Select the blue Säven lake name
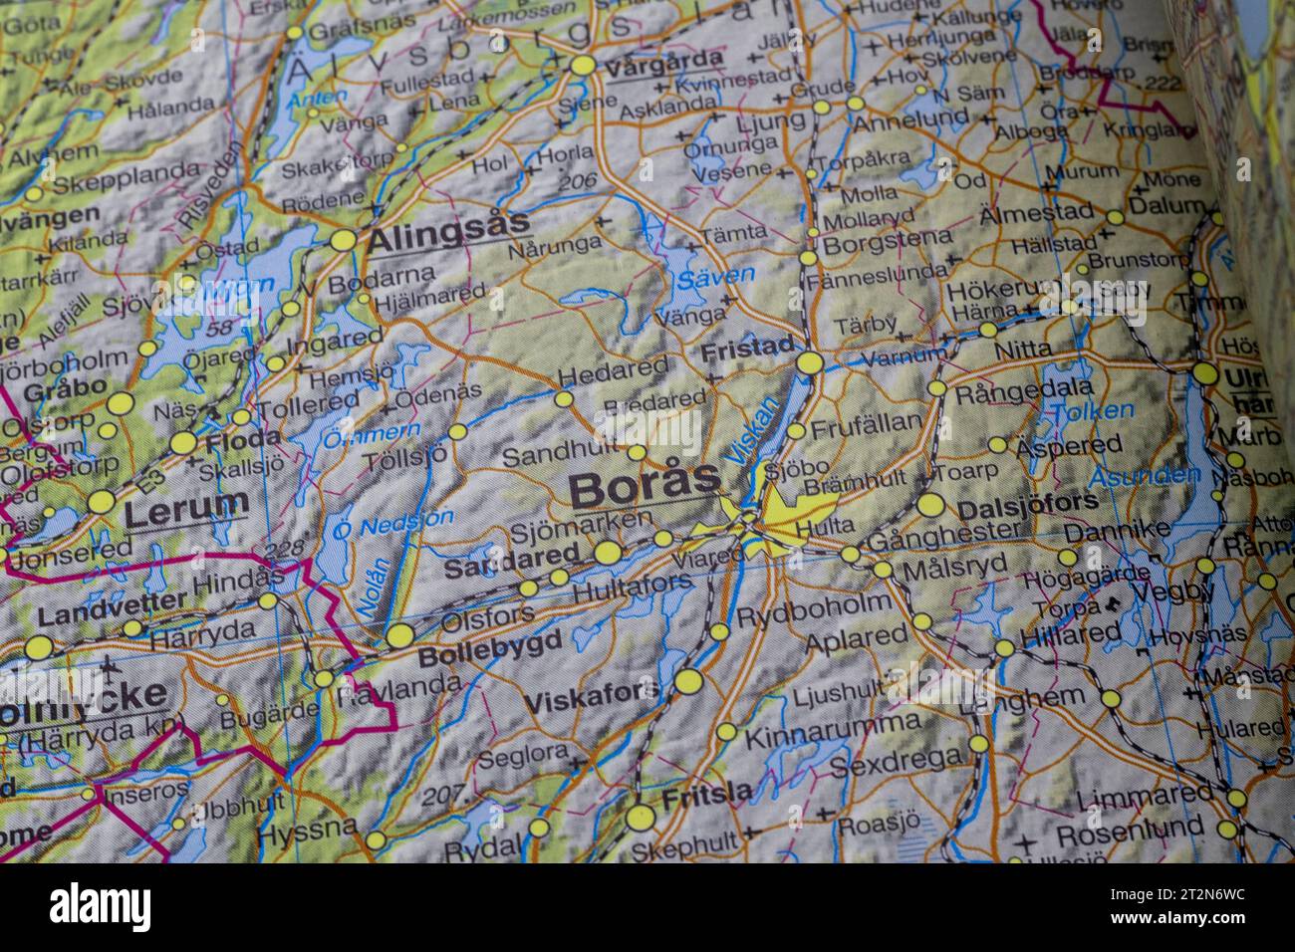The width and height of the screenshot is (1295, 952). point(708,279)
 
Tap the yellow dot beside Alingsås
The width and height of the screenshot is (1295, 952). point(343,240)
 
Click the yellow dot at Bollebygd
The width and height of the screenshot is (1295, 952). point(399,634)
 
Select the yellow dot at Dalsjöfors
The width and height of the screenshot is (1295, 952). point(930,505)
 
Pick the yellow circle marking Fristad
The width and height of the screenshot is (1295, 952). point(810,363)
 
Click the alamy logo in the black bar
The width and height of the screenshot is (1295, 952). point(101,907)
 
